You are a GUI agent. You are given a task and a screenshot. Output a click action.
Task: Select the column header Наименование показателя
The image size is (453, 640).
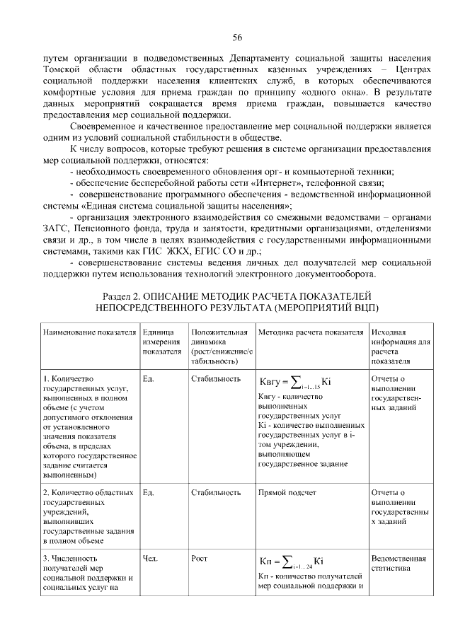88,332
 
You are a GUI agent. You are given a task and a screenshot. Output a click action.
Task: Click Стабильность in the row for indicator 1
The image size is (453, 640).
216,379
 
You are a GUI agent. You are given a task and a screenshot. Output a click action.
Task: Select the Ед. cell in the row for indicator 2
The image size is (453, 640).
149,492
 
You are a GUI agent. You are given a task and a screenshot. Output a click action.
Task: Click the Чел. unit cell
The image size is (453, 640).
150,559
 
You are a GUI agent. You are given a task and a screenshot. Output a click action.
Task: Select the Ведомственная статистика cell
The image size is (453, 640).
399,563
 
